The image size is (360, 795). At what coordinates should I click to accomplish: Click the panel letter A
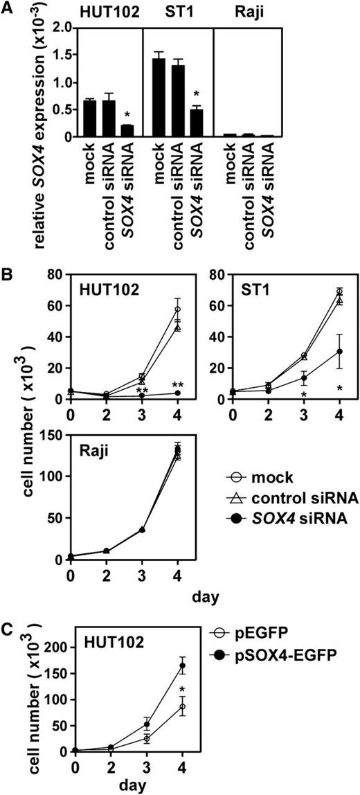click(x=9, y=8)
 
